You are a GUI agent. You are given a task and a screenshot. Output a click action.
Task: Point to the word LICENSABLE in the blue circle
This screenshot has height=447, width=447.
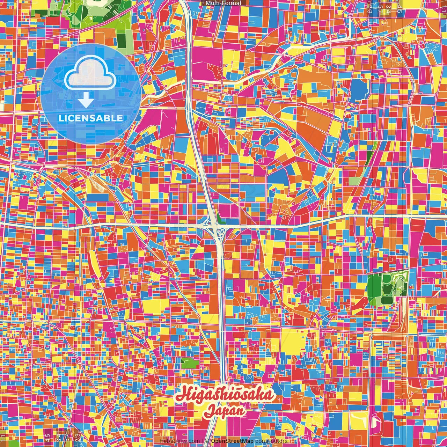pos(91,118)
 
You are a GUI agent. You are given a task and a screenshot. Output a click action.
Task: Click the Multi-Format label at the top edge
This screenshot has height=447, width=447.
pos(223,3)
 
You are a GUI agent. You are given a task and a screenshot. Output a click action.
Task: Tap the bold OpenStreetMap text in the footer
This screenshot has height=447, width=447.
pos(232,441)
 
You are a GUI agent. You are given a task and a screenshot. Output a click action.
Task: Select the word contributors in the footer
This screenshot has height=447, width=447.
pos(271,441)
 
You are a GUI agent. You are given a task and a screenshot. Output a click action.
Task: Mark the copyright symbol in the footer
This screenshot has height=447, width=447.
pos(207,441)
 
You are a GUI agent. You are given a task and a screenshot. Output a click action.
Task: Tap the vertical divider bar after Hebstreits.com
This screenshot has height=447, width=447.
pos(203,441)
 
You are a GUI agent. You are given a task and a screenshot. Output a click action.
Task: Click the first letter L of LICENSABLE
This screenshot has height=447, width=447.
pos(61,118)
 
